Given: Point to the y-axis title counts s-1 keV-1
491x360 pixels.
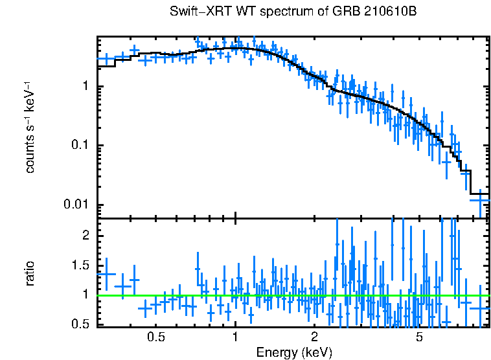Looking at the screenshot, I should (x=30, y=128).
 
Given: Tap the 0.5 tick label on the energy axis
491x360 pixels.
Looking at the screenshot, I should (x=155, y=337).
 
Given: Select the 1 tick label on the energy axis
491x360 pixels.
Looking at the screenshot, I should (x=235, y=337).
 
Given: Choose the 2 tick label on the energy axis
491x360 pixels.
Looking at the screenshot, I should (x=314, y=337).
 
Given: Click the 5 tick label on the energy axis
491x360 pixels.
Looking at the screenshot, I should (x=419, y=337).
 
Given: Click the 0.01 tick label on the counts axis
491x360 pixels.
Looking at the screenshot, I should (x=76, y=205).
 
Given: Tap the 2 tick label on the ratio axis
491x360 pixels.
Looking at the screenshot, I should (x=85, y=236).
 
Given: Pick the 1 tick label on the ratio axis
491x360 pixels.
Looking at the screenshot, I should (x=85, y=295).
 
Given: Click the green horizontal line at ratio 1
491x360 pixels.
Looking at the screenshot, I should (x=291, y=295).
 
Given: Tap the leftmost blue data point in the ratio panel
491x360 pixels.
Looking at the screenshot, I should (x=106, y=274).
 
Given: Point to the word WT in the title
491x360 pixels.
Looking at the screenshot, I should (x=239, y=12).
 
